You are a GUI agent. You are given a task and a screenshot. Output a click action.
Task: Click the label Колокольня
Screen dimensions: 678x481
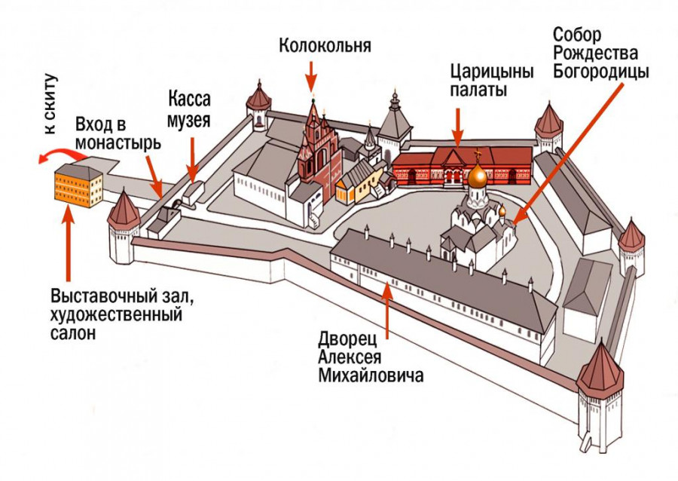tap(325, 45)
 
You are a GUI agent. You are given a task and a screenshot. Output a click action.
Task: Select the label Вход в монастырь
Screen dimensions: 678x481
tap(118, 133)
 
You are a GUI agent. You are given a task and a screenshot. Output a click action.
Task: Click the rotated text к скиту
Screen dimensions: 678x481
tap(50, 104)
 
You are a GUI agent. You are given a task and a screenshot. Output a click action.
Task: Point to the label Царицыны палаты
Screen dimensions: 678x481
tap(492, 81)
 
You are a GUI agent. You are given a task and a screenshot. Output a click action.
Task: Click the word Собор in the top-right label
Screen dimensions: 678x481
tap(577, 35)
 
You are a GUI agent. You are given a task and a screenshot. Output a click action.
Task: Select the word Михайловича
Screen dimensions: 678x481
tap(371, 375)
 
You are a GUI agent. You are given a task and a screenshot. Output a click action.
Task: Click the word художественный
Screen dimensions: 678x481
tap(116, 315)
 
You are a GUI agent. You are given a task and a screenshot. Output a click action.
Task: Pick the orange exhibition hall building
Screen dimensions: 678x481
tap(78, 185)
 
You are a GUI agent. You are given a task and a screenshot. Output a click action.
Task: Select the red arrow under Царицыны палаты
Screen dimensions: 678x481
tap(457, 127)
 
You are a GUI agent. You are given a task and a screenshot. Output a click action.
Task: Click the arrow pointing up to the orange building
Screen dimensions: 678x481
tap(68, 245)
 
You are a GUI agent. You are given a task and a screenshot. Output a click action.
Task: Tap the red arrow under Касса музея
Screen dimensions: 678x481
tap(192, 161)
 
